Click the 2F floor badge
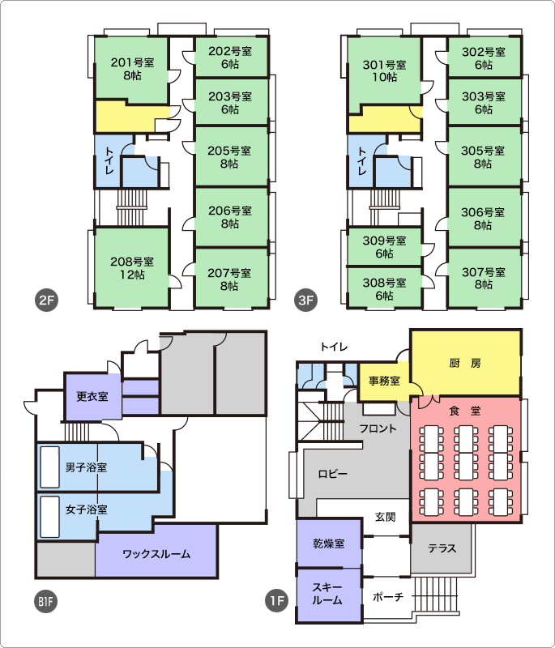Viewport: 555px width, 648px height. [47, 300]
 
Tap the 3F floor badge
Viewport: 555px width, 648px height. [305, 300]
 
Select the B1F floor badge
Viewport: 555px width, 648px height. [45, 601]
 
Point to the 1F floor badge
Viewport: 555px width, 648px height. [277, 600]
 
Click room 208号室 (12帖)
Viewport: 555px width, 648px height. [132, 268]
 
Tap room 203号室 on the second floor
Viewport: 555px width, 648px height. [232, 102]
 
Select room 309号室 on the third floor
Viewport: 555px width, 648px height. [384, 247]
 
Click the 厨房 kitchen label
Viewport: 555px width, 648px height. [465, 363]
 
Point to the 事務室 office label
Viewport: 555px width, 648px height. [384, 381]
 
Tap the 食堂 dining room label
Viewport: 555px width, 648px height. [465, 411]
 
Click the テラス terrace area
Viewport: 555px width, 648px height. [442, 549]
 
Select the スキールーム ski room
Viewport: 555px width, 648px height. [329, 595]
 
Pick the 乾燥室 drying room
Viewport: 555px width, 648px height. [329, 543]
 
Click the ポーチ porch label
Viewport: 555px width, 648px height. [387, 597]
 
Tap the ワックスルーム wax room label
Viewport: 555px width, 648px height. [156, 554]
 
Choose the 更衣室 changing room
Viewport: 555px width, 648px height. [93, 396]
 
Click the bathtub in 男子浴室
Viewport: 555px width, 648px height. [49, 467]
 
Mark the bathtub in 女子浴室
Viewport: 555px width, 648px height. [49, 517]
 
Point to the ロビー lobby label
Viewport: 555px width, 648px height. [333, 474]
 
